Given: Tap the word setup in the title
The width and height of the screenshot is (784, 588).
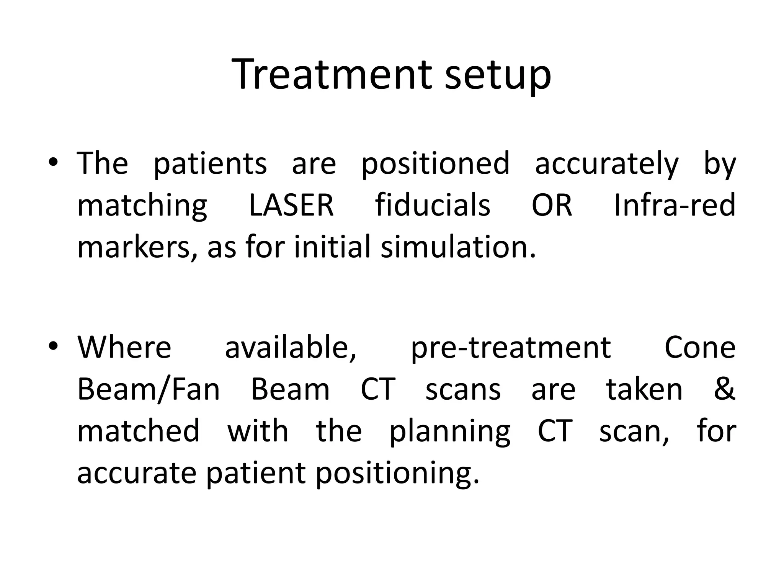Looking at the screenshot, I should pos(498,77).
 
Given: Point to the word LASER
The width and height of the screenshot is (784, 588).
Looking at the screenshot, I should pos(291,205).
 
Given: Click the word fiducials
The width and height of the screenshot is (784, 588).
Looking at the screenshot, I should pos(433,205).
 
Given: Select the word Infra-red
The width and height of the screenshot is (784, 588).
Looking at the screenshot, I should pos(675,205).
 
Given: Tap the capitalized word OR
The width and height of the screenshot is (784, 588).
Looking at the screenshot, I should pos(552,205).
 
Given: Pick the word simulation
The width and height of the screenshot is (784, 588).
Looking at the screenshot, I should pos(458,247).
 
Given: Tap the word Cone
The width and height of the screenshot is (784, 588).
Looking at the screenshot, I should pos(700,348).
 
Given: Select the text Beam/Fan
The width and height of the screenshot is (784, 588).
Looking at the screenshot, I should pos(149,390).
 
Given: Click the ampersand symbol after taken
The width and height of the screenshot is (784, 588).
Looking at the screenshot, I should pos(724,389).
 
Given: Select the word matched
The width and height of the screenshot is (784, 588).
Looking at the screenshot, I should pos(138,431).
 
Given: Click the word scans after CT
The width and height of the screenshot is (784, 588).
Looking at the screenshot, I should pos(463,390).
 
